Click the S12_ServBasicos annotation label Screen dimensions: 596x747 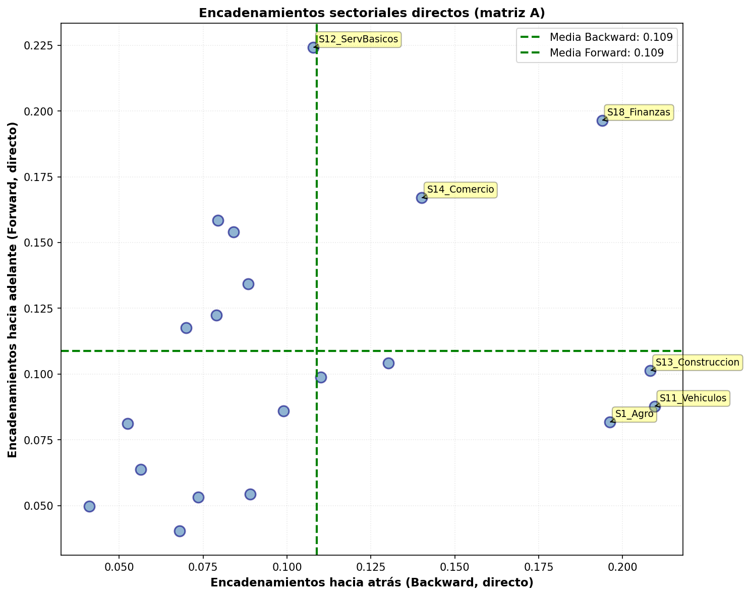[x=358, y=39]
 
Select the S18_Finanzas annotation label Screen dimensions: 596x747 [x=639, y=112]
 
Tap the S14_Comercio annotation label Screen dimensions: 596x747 [x=461, y=190]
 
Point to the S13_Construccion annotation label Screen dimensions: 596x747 [x=697, y=362]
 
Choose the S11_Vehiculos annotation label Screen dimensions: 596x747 [x=693, y=398]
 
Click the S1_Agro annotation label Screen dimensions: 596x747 [x=634, y=414]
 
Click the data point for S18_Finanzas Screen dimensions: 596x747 [x=602, y=121]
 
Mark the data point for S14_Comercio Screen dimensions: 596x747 [x=422, y=198]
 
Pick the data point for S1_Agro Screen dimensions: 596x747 [x=610, y=422]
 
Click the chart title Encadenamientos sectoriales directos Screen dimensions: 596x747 [x=372, y=13]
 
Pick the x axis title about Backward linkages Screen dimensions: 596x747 [x=372, y=583]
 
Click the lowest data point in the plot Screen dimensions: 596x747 [x=180, y=531]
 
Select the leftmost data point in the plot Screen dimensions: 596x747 [x=89, y=506]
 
